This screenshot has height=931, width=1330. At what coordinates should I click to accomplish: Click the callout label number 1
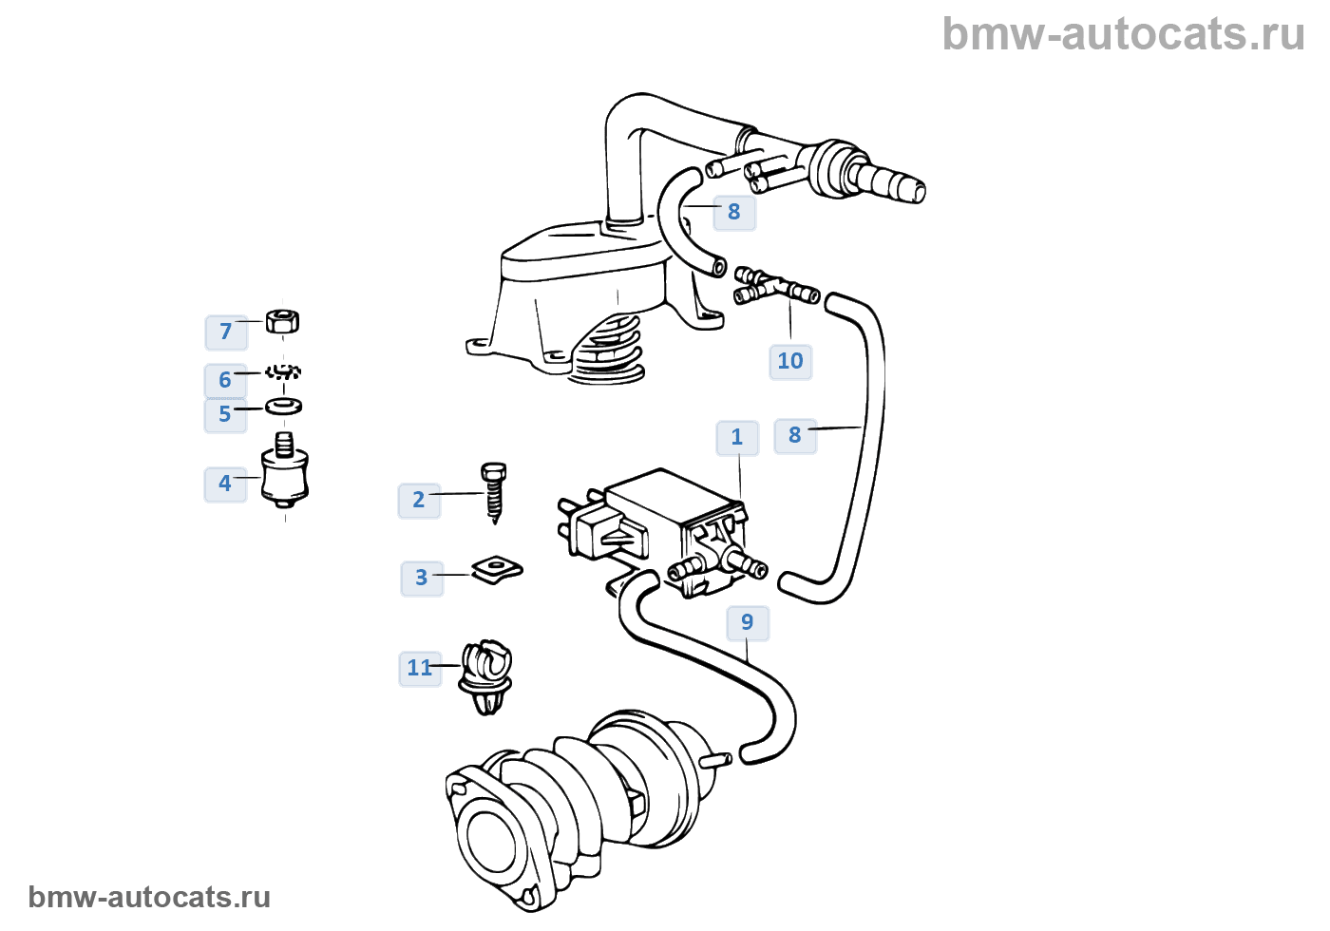[736, 437]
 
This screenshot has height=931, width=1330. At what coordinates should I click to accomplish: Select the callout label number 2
[418, 500]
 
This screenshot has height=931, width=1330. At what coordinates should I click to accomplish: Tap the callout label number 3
[421, 578]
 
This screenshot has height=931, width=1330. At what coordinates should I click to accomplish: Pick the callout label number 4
[225, 484]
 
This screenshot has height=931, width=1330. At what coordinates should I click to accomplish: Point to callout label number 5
[225, 414]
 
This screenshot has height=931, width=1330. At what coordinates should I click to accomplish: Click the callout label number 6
[225, 380]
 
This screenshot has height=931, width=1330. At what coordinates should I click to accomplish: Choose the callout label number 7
[226, 332]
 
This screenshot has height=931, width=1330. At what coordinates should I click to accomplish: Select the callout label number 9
[747, 622]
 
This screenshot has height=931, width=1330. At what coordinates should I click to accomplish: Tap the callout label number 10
[789, 361]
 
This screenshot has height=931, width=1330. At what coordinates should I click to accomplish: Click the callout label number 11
[419, 668]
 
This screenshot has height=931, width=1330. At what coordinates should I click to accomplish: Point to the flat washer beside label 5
[284, 407]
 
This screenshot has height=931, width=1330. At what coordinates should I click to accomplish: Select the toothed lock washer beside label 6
[283, 371]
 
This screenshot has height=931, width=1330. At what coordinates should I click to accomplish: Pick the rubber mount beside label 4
[284, 473]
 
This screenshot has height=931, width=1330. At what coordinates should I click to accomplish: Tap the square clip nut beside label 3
[497, 569]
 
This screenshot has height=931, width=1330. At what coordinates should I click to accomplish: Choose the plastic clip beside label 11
[486, 676]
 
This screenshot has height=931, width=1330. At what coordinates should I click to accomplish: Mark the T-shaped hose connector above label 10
[774, 287]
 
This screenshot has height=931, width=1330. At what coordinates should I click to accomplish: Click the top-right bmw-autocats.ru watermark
[1123, 35]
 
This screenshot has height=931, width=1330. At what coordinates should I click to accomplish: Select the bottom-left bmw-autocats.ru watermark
[149, 897]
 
